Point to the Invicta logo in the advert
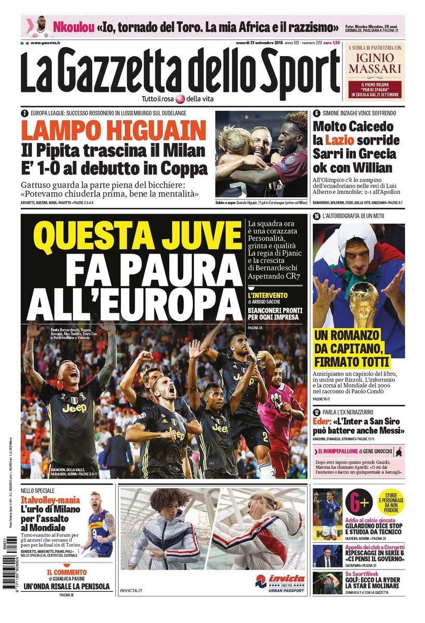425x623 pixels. [280, 580]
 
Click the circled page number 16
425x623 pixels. [316, 216]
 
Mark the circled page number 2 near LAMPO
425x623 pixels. [24, 113]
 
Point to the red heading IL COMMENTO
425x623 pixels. [65, 572]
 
